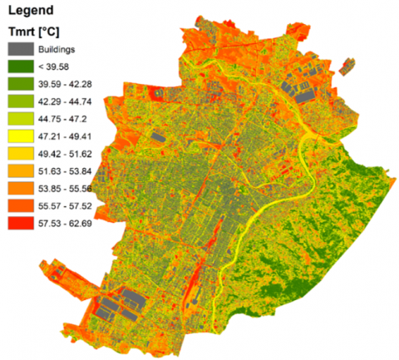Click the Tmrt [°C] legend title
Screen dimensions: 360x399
tap(32, 32)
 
